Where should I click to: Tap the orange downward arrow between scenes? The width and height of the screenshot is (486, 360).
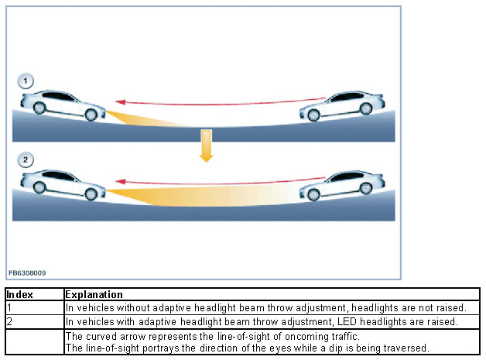(x=206, y=146)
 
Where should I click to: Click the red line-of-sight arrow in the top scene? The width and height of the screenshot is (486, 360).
(x=217, y=99)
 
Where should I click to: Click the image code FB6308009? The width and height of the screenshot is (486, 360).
(x=27, y=273)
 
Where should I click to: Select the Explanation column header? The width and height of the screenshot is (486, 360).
(x=94, y=295)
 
